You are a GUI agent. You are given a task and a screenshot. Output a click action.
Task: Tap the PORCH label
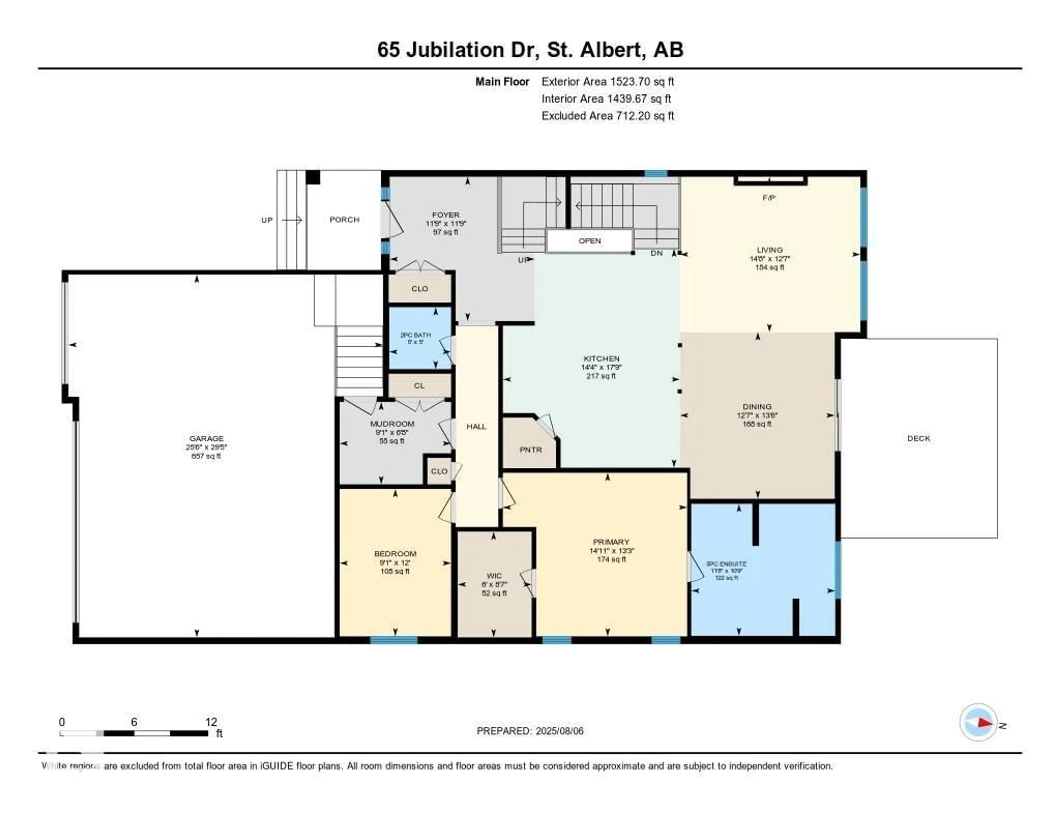344,220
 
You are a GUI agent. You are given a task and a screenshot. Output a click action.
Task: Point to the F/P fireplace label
768,198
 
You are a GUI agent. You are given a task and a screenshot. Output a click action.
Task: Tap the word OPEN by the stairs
589,241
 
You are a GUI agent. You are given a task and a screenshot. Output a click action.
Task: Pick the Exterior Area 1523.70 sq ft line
607,81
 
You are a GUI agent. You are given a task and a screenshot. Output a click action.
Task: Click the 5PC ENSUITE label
726,564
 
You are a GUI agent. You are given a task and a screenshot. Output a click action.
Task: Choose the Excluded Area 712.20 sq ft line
607,115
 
